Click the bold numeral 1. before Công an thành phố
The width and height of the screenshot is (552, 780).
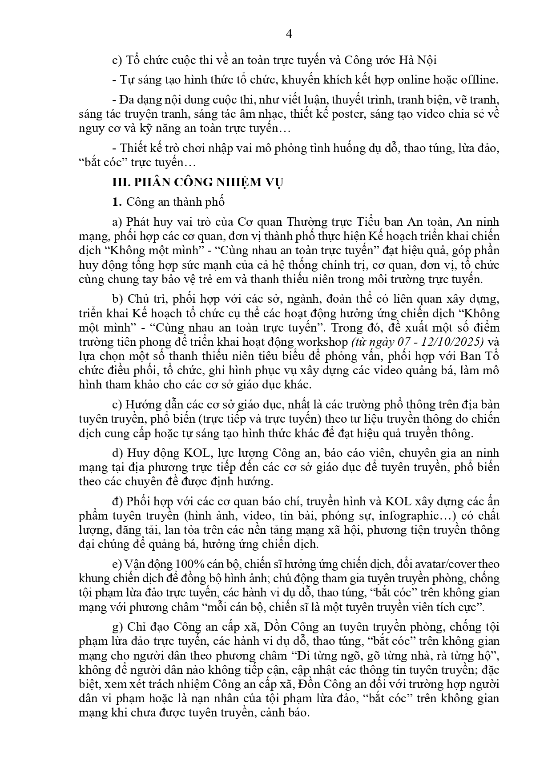pyautogui.click(x=117, y=202)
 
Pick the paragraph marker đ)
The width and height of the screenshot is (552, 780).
pyautogui.click(x=117, y=502)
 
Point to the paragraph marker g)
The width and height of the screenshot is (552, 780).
pyautogui.click(x=117, y=628)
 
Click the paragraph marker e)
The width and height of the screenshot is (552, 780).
pyautogui.click(x=117, y=564)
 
